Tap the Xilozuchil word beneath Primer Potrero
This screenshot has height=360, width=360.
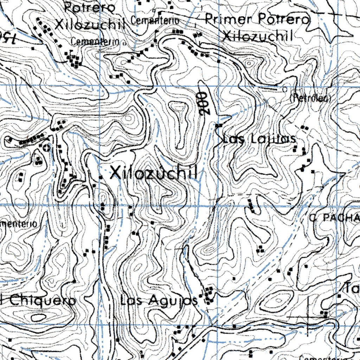pyautogui.click(x=258, y=36)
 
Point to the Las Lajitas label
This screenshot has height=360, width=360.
pyautogui.click(x=259, y=139)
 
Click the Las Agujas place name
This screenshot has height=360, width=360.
pyautogui.click(x=159, y=301)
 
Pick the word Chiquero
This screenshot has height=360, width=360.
pyautogui.click(x=42, y=301)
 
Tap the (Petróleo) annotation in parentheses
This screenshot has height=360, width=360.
pyautogui.click(x=311, y=99)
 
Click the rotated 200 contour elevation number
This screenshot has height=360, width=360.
pyautogui.click(x=202, y=103)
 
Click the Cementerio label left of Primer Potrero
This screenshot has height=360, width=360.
pyautogui.click(x=155, y=21)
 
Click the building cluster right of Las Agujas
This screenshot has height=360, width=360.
pyautogui.click(x=209, y=295)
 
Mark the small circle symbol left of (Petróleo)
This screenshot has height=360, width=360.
pyautogui.click(x=284, y=89)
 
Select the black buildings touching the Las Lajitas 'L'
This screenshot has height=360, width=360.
pyautogui.click(x=219, y=125)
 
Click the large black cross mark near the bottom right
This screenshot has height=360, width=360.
pyautogui.click(x=309, y=315)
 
